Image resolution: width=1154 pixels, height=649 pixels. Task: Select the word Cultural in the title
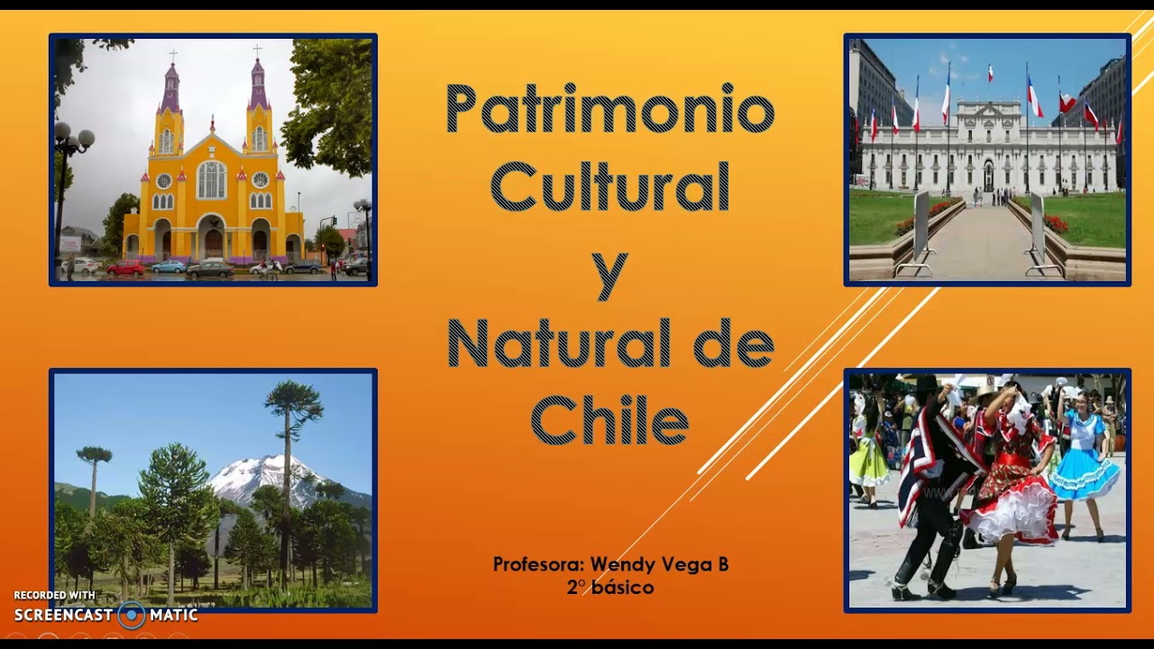pos(609,187)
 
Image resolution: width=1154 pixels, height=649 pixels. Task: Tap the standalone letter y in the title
pos(609,273)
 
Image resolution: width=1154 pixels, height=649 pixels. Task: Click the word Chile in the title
pos(609,420)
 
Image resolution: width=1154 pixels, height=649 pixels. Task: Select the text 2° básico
pos(610,588)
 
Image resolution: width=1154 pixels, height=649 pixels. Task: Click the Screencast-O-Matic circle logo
pos(132,616)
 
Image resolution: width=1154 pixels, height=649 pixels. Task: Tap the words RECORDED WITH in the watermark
pos(54,596)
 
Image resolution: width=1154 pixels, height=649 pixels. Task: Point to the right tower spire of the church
pos(258,84)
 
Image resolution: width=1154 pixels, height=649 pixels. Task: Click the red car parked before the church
pos(125,268)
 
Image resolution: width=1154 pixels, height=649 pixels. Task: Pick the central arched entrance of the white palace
pos(988,175)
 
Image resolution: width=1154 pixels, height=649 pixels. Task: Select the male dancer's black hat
pos(927,385)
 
